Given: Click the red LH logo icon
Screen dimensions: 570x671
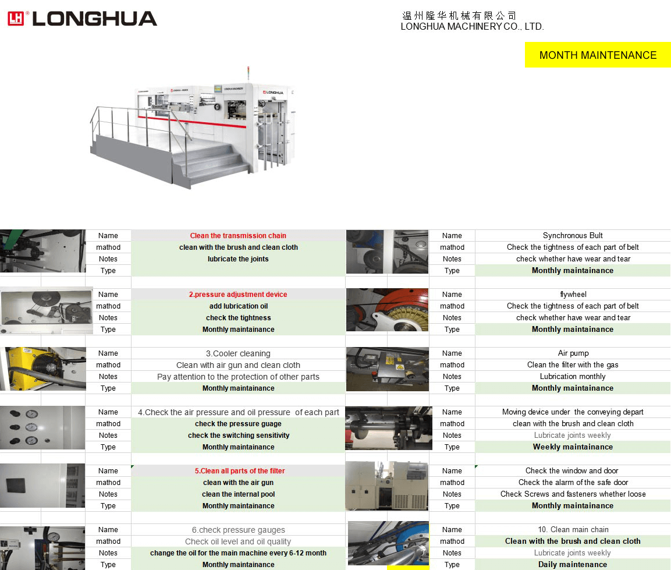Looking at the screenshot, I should point(15,19).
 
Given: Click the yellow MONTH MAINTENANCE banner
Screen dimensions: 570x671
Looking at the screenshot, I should point(598,55).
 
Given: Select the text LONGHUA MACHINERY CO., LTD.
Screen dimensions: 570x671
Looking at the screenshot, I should point(472,26).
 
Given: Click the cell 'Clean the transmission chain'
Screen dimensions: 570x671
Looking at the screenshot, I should point(238,236).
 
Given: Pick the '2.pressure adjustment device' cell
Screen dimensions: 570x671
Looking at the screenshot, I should point(238,295).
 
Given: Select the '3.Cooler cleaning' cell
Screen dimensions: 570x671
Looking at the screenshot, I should point(238,353).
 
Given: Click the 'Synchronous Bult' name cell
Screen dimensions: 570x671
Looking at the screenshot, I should point(573,236).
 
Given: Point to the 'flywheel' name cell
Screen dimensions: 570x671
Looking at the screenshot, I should point(573,295).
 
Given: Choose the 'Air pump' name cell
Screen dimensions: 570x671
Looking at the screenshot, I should point(573,353).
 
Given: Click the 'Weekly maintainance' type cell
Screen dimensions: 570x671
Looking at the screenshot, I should point(573,447).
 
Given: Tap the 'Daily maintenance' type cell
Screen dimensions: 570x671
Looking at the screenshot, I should point(573,564).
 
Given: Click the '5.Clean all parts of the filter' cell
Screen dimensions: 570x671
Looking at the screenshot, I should point(238,471).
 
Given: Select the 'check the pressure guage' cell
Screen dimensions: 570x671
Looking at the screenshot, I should point(238,424).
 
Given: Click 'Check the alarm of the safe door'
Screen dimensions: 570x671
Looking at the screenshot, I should point(573,483).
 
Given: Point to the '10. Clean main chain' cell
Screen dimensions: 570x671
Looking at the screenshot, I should point(573,530).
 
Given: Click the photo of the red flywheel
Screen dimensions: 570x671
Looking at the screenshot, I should point(387,310).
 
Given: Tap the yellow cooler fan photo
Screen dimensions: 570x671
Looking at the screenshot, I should point(43,369).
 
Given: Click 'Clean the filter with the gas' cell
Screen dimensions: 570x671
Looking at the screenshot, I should point(573,365).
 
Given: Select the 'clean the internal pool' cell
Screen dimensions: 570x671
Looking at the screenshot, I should point(238,494).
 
